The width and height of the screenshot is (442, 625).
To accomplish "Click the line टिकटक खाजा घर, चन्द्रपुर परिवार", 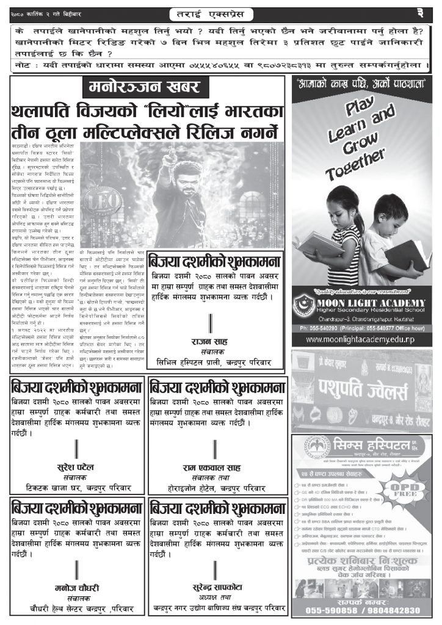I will pyautogui.click(x=76, y=488).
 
